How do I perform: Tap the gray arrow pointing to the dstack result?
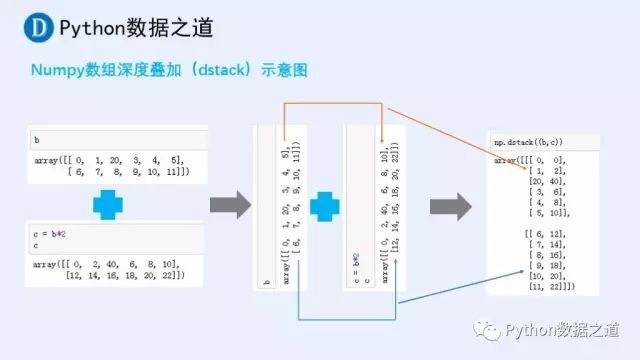click(x=450, y=206)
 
